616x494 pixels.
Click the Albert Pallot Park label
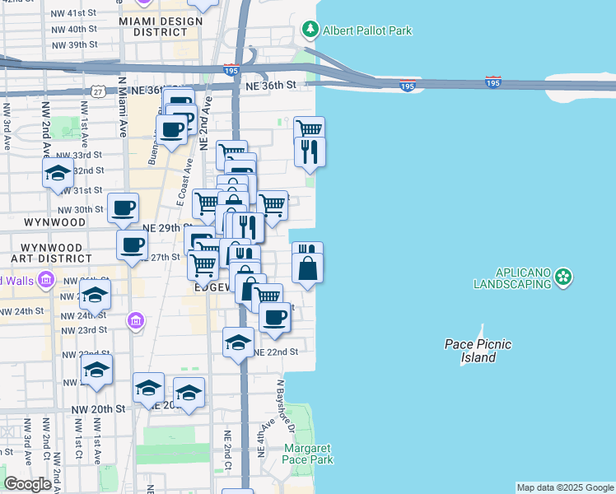(367, 30)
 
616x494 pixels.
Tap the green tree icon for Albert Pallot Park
(310, 30)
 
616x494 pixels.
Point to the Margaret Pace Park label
(309, 454)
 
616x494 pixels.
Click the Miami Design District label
(160, 26)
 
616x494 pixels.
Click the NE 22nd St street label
(275, 352)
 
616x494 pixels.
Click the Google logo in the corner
(27, 484)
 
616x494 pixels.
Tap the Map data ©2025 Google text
(564, 487)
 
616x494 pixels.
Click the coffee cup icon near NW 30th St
(123, 207)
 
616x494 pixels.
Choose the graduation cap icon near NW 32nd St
(58, 173)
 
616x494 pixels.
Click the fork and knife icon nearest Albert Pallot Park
(310, 151)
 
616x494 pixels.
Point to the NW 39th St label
(74, 44)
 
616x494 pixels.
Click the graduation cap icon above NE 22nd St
(238, 342)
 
